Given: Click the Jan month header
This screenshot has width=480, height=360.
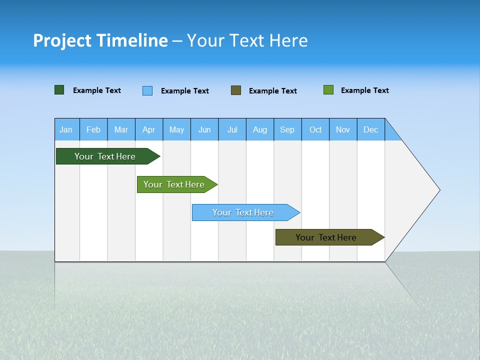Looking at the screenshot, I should pyautogui.click(x=66, y=129).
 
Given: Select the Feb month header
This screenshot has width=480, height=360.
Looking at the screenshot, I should pyautogui.click(x=93, y=129).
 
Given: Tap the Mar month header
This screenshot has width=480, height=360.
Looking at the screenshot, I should pyautogui.click(x=121, y=129).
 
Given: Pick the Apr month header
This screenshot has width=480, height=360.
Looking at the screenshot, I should pyautogui.click(x=149, y=129).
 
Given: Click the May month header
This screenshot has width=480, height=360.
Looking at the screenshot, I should pyautogui.click(x=176, y=129).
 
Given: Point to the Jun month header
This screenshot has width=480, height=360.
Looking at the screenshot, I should pyautogui.click(x=204, y=129).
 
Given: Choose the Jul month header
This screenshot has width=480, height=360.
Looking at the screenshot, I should pyautogui.click(x=232, y=129).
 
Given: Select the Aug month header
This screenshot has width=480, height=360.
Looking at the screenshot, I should pyautogui.click(x=260, y=129).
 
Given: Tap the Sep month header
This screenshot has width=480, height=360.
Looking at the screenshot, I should pyautogui.click(x=287, y=129).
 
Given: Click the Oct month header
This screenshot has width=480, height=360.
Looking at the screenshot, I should pyautogui.click(x=315, y=129).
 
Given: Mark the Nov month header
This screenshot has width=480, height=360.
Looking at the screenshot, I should pyautogui.click(x=343, y=129).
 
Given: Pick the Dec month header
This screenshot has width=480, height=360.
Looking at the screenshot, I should pyautogui.click(x=371, y=129).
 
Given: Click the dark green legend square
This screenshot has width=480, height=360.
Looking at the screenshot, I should pyautogui.click(x=59, y=90).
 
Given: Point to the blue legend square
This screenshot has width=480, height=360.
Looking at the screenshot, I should pyautogui.click(x=147, y=90).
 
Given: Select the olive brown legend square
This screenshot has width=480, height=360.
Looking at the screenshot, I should pyautogui.click(x=236, y=90).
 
